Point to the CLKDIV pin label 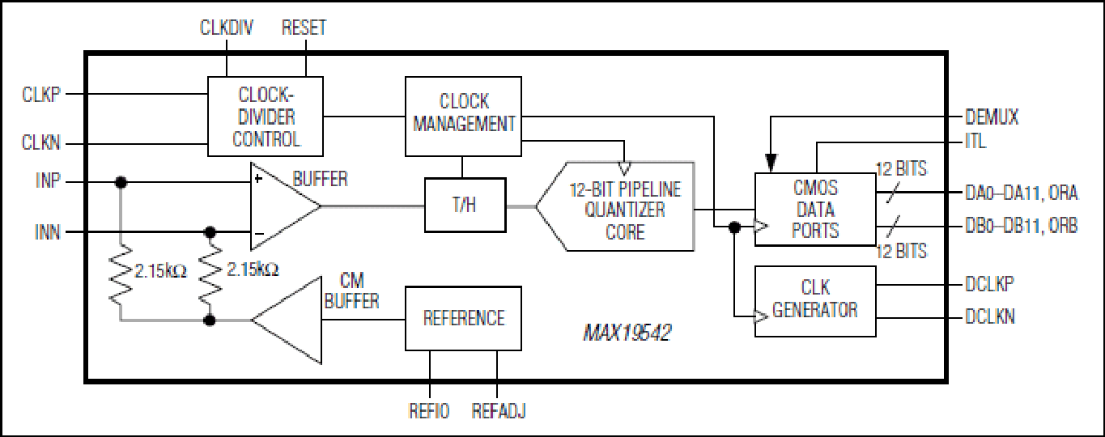coord(227,28)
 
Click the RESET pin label coord(304,28)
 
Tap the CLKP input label coord(41,94)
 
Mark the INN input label coord(47,231)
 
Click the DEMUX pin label coord(992,117)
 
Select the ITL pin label coord(975,142)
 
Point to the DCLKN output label coord(989,316)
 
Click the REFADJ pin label coord(498,411)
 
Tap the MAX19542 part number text coord(627,333)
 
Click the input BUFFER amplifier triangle coord(285,206)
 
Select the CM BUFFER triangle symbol coord(287,320)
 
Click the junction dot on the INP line coord(121,183)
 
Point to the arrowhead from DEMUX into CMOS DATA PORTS coord(771,163)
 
